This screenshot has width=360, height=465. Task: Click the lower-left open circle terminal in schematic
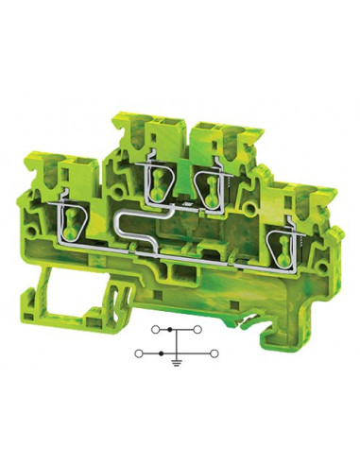(139, 353)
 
